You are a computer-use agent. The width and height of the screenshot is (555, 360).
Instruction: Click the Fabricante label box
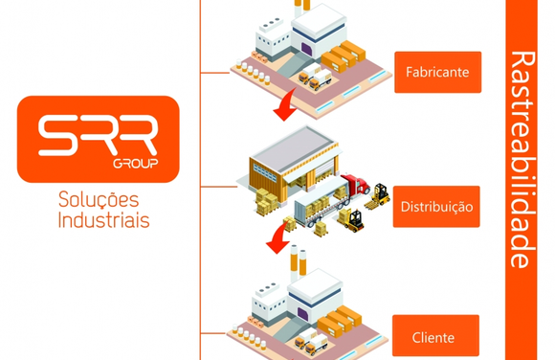pos(437,72)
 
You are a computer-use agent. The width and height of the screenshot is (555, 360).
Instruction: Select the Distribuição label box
pos(436,206)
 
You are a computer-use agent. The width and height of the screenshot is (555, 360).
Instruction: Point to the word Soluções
pos(99,200)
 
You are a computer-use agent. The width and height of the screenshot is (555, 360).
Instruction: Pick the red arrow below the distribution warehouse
pos(277,240)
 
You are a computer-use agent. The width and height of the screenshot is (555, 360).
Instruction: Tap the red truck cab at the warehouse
pos(355,185)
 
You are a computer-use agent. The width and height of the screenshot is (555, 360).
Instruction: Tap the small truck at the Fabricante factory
pos(316,79)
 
